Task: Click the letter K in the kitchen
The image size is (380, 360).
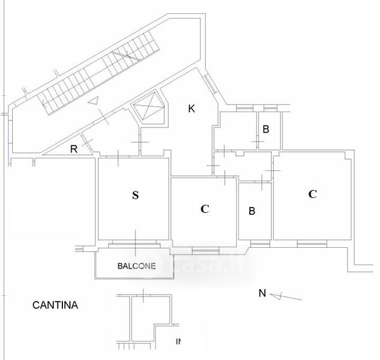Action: tap(191, 109)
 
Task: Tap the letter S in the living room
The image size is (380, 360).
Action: tap(135, 194)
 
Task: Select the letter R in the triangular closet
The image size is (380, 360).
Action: tap(74, 149)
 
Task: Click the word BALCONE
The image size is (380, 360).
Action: tap(137, 266)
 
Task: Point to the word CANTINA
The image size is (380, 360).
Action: tap(55, 305)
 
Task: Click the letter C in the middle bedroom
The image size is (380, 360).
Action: tap(204, 209)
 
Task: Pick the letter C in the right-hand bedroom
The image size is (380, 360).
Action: tap(312, 194)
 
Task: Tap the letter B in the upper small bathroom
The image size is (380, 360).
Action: tap(266, 128)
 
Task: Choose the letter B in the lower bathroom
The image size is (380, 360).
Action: tap(252, 211)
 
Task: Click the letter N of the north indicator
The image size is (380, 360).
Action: tap(261, 293)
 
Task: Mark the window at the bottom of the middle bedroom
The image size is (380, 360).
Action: tap(205, 250)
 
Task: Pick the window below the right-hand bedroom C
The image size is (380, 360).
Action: tap(312, 244)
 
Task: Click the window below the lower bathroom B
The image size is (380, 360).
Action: tap(260, 243)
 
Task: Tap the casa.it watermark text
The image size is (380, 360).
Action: tap(210, 264)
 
